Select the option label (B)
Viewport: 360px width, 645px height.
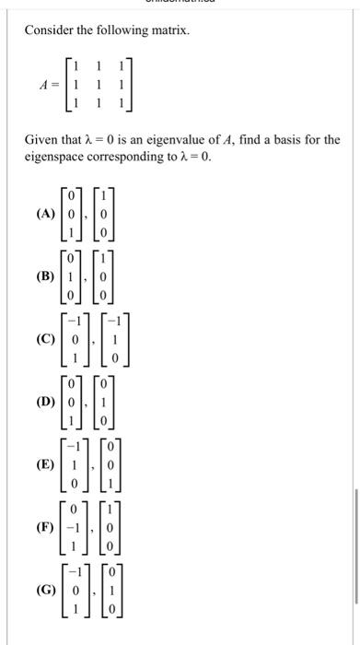coord(41,275)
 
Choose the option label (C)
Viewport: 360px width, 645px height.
coord(41,339)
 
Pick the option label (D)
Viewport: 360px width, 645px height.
coord(41,403)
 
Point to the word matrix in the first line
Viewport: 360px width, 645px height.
coord(168,31)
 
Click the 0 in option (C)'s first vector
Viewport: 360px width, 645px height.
coord(80,339)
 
